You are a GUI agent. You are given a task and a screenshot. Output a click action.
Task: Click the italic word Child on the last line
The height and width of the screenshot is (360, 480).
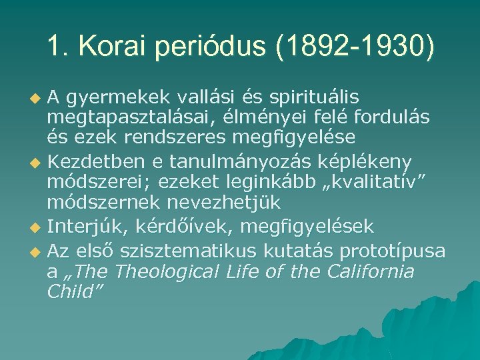click(73, 291)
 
